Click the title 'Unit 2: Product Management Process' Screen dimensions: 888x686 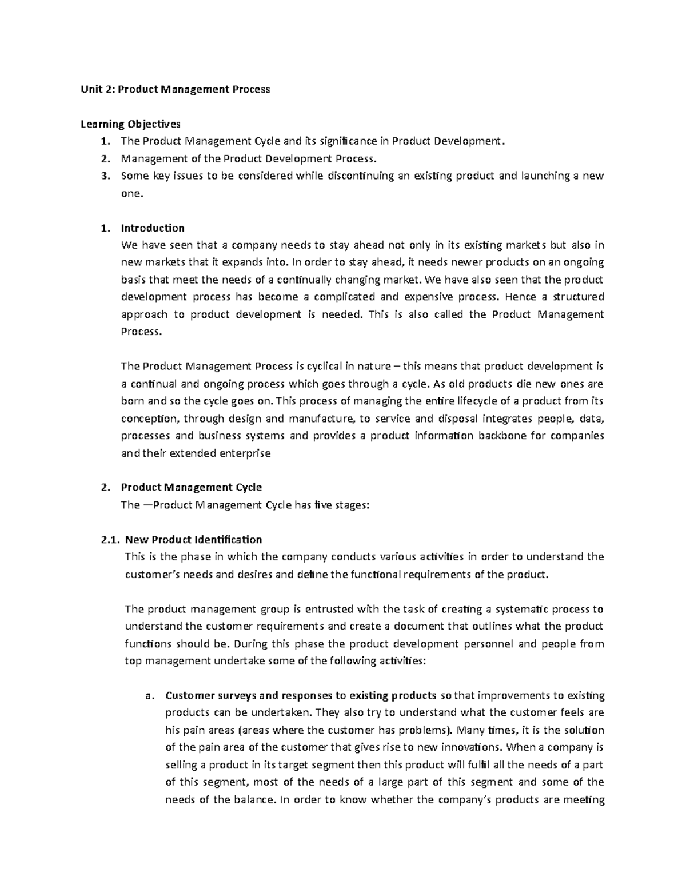tap(175, 89)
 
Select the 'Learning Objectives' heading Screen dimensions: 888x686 tap(130, 124)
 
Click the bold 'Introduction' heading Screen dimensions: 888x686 tap(153, 228)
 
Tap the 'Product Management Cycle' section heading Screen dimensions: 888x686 tap(192, 487)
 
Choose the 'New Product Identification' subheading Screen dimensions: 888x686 tap(194, 539)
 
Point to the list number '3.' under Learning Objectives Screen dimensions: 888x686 tap(104, 176)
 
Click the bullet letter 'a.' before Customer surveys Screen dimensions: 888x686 tap(150, 696)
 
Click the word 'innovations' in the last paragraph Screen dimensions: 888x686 tap(471, 747)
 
